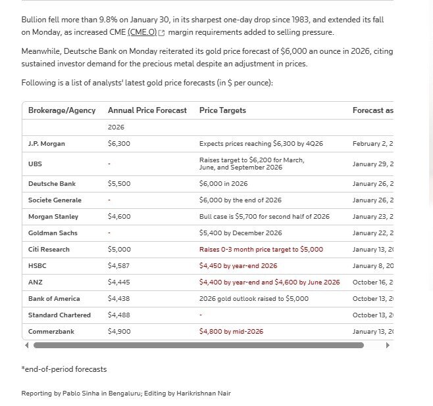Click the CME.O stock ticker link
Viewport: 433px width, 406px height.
143,32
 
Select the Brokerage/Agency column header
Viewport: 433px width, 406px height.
62,110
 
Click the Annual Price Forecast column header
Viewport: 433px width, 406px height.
147,110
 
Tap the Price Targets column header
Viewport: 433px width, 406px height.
222,110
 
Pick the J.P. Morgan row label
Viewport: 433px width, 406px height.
47,143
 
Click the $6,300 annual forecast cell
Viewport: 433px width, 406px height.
119,143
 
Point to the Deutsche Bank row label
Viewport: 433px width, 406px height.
52,184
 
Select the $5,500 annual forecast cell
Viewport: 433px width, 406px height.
119,184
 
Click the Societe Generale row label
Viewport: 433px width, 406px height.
55,200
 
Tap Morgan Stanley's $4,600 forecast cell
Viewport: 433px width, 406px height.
119,217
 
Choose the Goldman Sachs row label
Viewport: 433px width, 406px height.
53,233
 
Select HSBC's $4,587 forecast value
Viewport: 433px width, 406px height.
119,266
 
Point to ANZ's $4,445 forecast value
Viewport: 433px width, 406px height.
119,282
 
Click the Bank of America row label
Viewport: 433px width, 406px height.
54,299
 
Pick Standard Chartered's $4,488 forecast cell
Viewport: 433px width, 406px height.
119,315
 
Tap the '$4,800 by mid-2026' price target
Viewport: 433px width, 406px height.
231,332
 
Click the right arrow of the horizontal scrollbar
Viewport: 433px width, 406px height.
388,345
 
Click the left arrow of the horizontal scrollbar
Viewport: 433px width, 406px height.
27,345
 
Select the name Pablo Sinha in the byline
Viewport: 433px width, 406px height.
85,394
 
